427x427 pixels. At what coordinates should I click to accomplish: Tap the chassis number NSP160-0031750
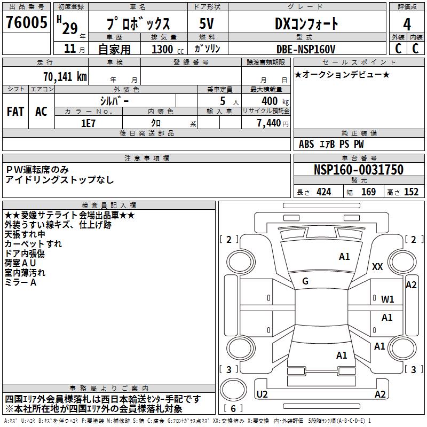[x=358, y=170]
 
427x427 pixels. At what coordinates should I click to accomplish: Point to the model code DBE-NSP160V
[x=306, y=49]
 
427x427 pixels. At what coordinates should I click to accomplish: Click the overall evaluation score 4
[x=407, y=25]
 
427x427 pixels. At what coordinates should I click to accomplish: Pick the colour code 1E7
[x=88, y=122]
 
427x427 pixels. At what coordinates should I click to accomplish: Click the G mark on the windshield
[x=305, y=281]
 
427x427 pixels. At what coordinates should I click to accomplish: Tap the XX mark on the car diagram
[x=377, y=267]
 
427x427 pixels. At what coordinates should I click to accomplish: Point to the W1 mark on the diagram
[x=388, y=299]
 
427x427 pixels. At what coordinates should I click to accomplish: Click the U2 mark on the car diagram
[x=262, y=394]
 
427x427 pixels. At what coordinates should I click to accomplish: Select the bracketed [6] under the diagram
[x=234, y=409]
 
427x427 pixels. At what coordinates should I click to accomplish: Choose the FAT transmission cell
[x=15, y=112]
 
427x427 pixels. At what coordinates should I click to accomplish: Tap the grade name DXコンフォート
[x=306, y=24]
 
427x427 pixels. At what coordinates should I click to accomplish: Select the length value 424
[x=323, y=192]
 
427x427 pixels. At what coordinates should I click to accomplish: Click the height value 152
[x=410, y=192]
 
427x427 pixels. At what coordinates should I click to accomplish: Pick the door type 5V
[x=207, y=24]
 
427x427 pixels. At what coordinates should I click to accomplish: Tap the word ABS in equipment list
[x=306, y=144]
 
